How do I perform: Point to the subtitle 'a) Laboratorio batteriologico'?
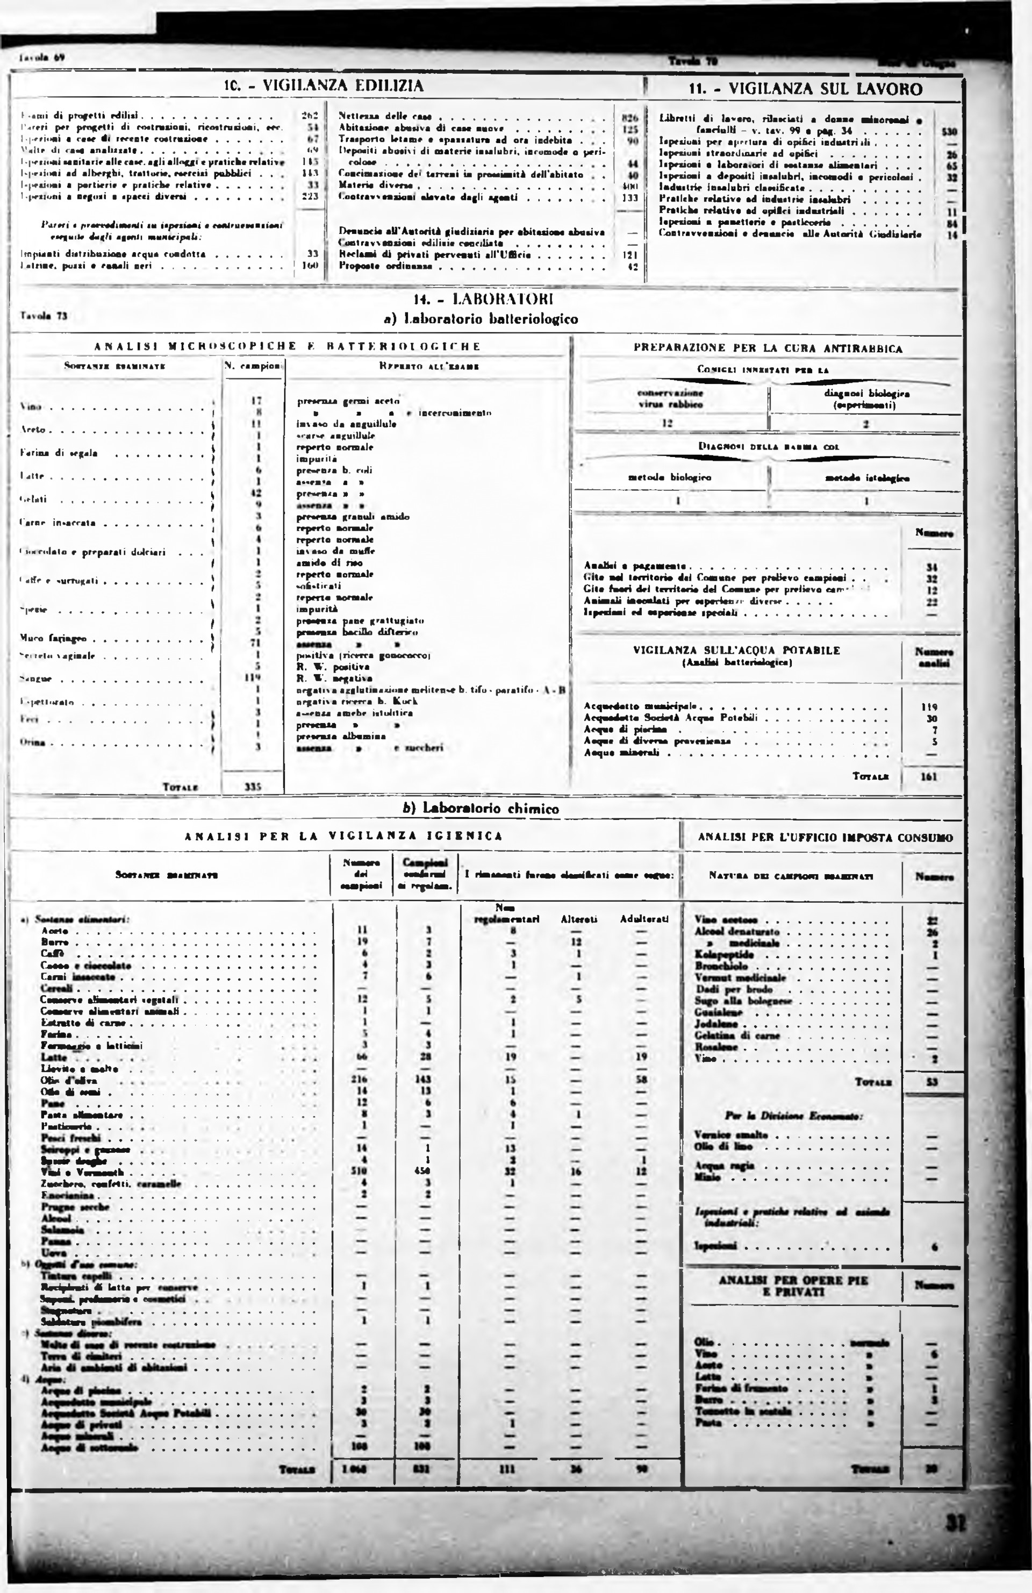(x=481, y=319)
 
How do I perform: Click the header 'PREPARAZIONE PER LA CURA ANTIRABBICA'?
(x=768, y=348)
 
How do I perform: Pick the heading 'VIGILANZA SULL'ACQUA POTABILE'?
(x=736, y=650)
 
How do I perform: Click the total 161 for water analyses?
(x=929, y=776)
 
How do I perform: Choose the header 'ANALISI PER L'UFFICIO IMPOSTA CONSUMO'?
(x=825, y=837)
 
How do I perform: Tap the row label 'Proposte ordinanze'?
(x=385, y=266)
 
